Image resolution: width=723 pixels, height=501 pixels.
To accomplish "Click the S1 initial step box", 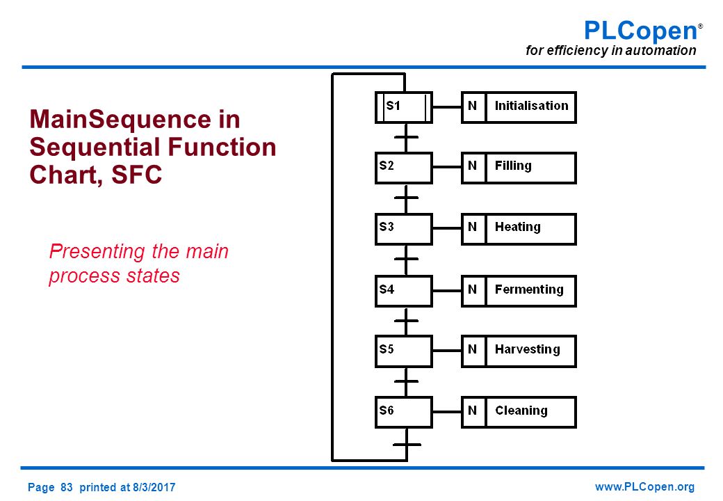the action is pos(404,107).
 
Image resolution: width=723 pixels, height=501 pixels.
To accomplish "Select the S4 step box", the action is pos(404,291).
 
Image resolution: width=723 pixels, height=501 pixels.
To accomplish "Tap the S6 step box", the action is pos(404,412).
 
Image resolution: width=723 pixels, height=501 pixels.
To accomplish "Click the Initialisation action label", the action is pos(531,106).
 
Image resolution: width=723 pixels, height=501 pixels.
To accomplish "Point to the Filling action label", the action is pos(513,166).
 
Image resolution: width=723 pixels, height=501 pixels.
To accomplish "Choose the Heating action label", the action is pos(518,227).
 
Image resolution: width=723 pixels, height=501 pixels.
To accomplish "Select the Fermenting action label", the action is pos(529,289).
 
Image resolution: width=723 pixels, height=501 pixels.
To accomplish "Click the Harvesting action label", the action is pos(528,349).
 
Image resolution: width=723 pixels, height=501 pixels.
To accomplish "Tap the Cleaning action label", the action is pos(521,411).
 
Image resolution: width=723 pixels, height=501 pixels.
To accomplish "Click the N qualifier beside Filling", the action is pos(472,166).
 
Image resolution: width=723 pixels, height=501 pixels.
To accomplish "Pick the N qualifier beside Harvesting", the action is pos(472,349).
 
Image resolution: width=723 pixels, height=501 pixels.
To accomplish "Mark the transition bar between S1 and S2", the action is pos(406,137).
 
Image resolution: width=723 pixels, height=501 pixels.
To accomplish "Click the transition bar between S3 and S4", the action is pos(406,259).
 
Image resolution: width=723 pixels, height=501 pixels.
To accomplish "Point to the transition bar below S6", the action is pos(407,445).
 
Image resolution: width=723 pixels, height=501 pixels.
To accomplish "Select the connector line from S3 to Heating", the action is pos(447,228).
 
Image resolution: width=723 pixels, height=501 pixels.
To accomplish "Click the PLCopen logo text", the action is pos(642,31).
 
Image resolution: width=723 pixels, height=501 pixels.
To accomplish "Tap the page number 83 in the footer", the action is pos(67,487).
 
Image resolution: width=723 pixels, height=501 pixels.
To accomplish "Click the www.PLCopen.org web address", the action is pos(644,486).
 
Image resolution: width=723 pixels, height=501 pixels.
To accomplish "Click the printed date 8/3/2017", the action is pos(154,487).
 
